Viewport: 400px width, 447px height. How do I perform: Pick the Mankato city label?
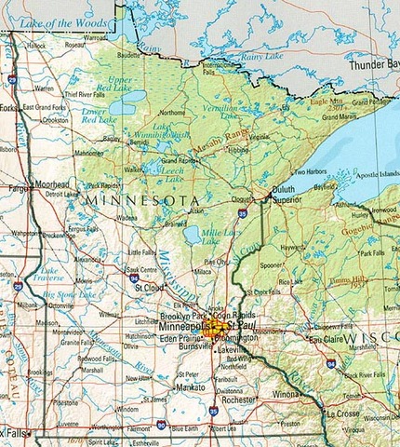[x=190, y=385]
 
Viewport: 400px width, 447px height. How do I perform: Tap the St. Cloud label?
[x=149, y=288]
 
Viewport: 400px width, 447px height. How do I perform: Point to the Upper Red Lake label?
[x=120, y=85]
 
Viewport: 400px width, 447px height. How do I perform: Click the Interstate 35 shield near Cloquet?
[x=242, y=213]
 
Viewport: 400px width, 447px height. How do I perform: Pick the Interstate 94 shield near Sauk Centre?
[x=135, y=278]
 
